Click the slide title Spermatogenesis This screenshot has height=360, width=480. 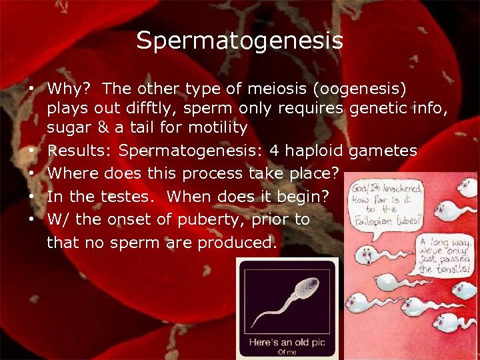pos(240,41)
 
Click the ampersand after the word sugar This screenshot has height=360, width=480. pos(99,127)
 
